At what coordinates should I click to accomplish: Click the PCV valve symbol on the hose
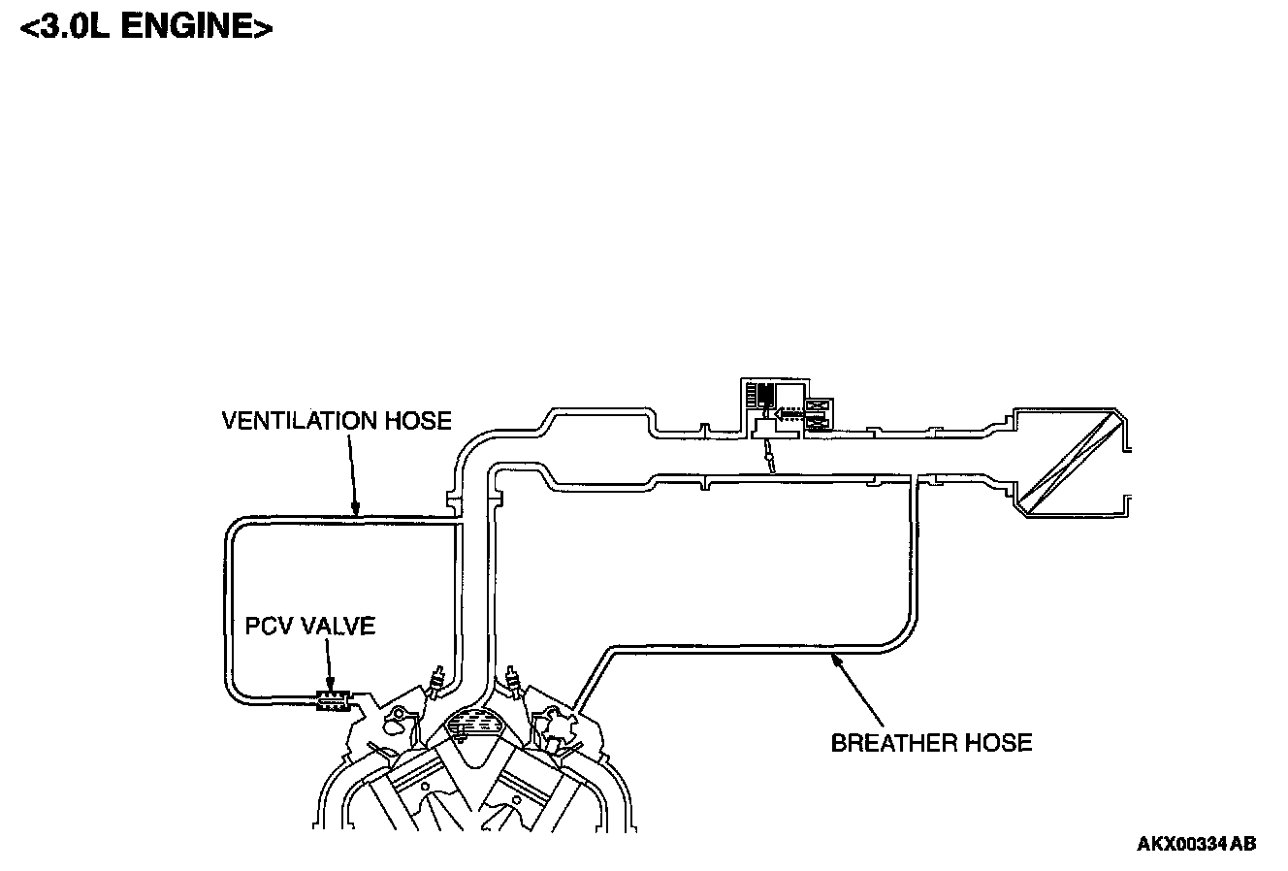[332, 699]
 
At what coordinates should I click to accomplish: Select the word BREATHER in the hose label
[893, 744]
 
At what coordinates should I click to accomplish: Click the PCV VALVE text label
[309, 627]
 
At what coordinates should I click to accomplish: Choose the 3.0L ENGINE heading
[146, 27]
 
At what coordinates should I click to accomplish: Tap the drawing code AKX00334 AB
[1196, 844]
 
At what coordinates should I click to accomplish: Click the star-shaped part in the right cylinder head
[558, 722]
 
